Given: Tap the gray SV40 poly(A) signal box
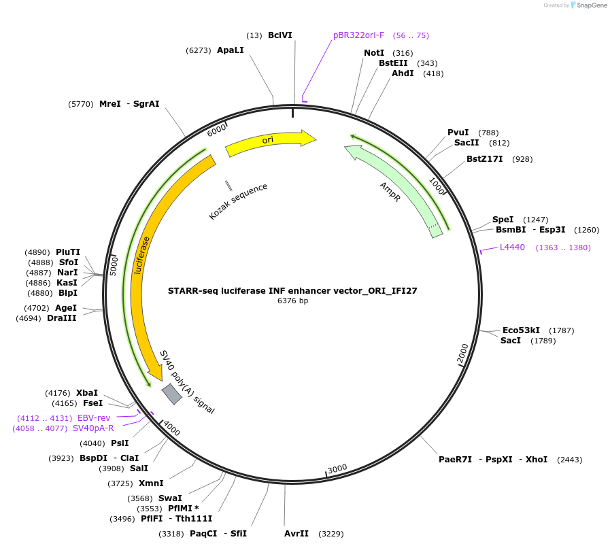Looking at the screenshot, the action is tap(171, 394).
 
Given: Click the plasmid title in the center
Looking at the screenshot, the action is tap(292, 290).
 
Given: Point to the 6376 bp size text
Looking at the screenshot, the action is tap(292, 301).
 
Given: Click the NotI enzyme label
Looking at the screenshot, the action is tap(374, 53).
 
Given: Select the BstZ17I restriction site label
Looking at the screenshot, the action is tap(484, 159).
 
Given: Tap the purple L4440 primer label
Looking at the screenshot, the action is tap(512, 248).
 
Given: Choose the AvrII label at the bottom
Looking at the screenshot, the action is tap(296, 534).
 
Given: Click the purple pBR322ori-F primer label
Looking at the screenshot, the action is tap(358, 35).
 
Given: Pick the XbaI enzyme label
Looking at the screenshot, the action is tap(87, 393).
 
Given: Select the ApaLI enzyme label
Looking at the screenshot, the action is tap(230, 50).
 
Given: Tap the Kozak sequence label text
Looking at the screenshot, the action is tap(238, 201).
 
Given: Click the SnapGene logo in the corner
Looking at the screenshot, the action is tap(589, 5).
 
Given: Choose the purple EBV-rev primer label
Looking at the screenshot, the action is tap(94, 417).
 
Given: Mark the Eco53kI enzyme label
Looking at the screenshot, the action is tap(521, 330).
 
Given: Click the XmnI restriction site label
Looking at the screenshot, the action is tap(151, 483).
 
